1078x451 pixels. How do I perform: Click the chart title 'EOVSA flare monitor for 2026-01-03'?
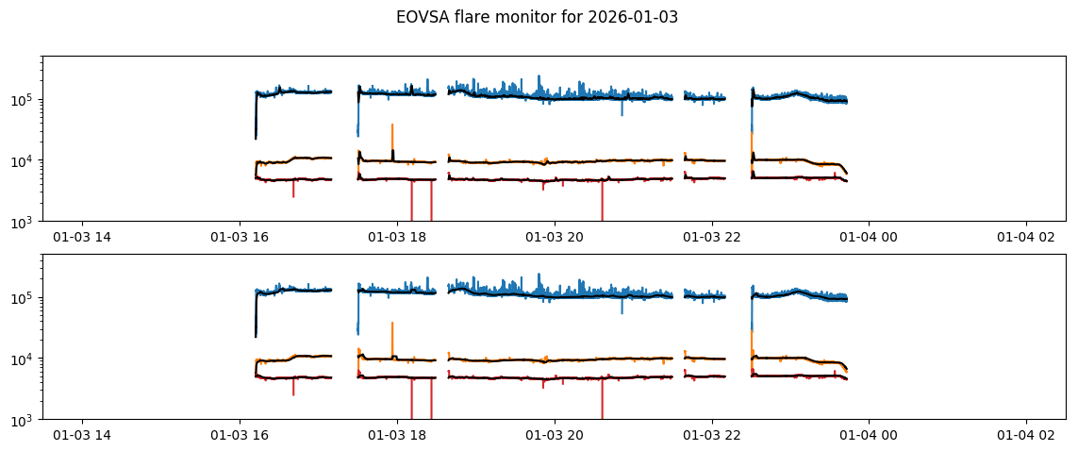coord(537,17)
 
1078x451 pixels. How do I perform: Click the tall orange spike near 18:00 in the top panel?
coord(392,132)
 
